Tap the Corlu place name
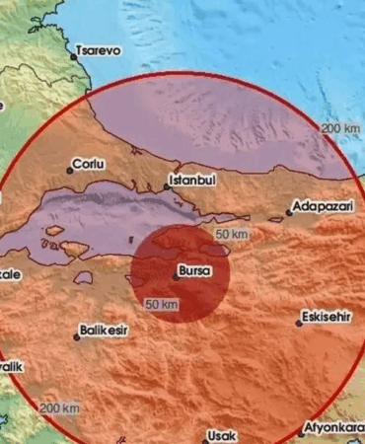90,164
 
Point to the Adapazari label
321,208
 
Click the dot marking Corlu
70,171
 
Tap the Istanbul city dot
168,187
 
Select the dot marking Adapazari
288,212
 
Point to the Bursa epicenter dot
176,276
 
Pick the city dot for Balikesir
76,337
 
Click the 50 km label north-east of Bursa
231,235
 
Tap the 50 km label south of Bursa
161,305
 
